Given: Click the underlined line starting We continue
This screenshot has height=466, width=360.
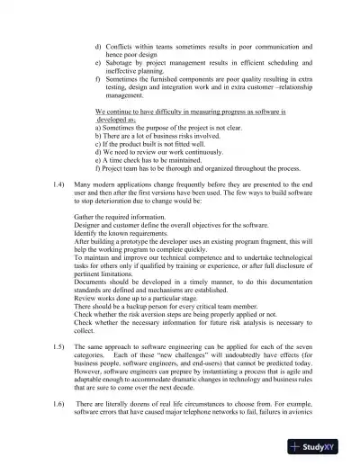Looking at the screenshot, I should click(190, 112).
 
